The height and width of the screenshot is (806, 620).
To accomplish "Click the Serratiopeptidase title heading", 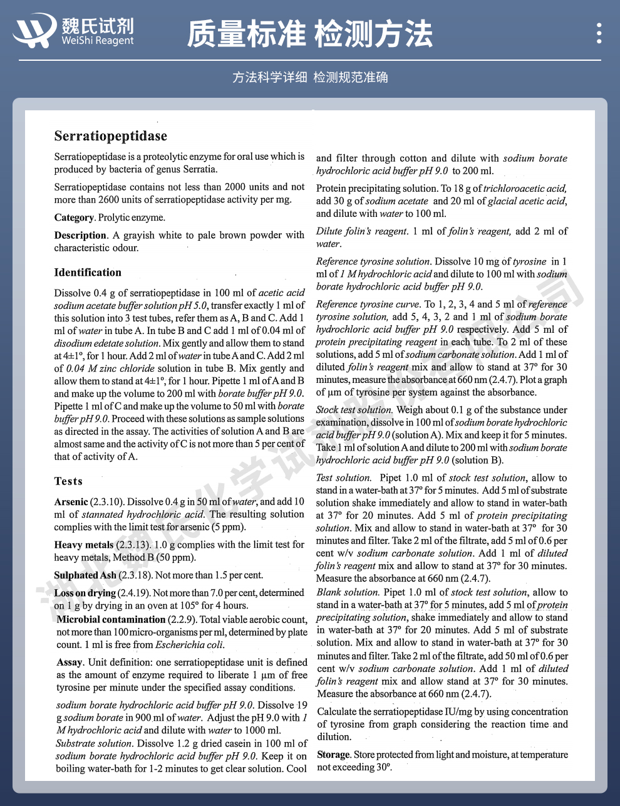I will (x=110, y=136).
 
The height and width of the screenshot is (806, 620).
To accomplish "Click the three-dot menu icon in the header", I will (x=599, y=33).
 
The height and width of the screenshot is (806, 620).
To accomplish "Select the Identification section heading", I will (x=88, y=272).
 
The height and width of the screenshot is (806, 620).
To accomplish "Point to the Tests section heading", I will (x=68, y=481).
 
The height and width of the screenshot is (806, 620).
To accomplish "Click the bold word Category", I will (x=74, y=217).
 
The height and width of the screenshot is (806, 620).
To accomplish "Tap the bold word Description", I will (x=80, y=235).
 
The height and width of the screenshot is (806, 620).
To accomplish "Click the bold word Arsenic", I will (x=71, y=501).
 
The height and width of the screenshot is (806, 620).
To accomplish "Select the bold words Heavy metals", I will (x=84, y=545).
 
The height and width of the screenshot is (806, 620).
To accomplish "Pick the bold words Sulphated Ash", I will (x=85, y=575).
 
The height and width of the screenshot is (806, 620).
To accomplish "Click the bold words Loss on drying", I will (x=85, y=593).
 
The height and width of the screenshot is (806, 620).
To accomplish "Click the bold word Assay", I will (x=70, y=662).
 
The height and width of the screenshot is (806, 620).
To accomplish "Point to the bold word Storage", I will (x=333, y=755).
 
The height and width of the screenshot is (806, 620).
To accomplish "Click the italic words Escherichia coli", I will (x=189, y=644).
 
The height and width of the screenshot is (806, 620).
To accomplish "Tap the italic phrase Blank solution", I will (x=348, y=592).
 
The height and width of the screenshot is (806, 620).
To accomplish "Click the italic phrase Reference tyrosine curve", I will (x=368, y=304).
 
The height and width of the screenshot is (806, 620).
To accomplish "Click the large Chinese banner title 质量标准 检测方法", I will (x=309, y=34).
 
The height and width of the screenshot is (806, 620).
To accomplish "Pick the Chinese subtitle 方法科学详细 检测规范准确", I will (x=310, y=77).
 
